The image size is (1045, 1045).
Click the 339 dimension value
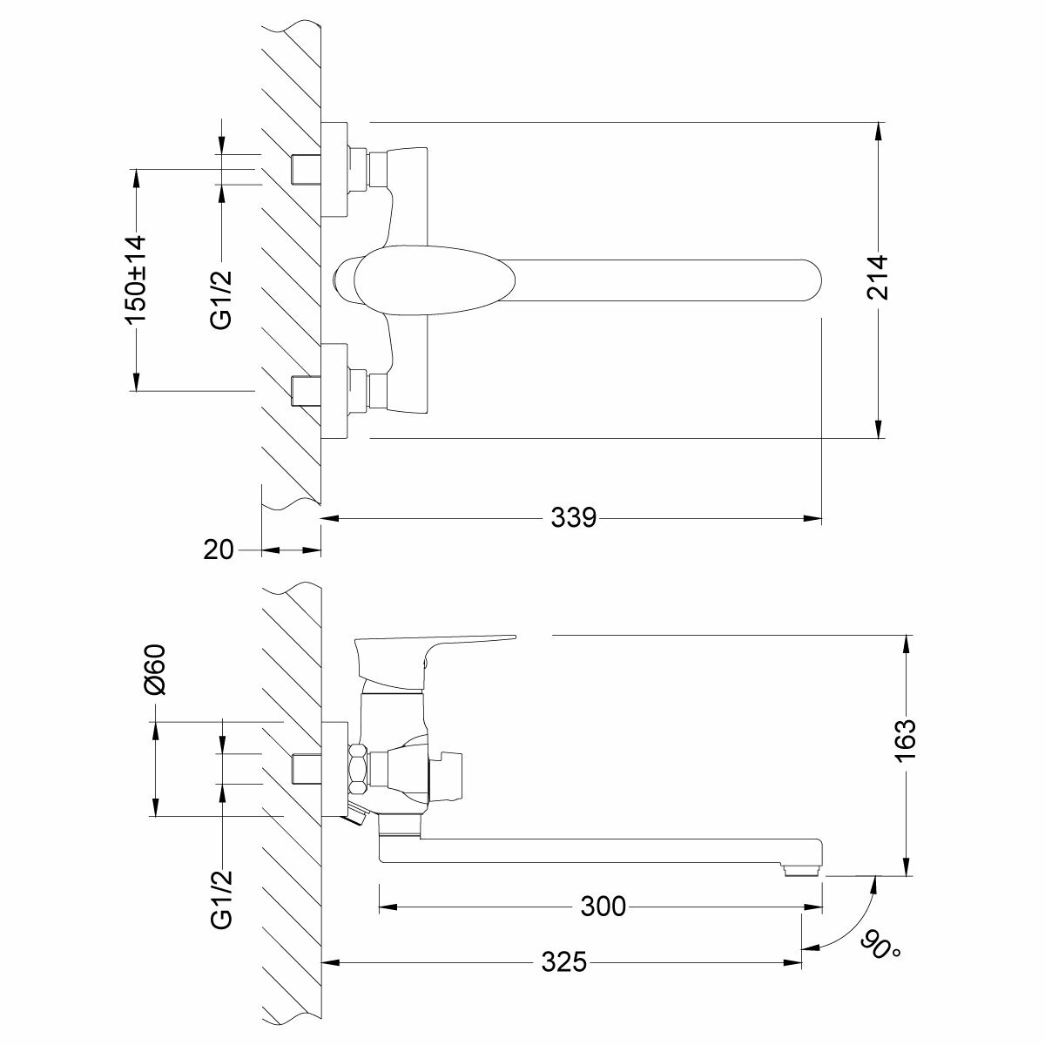click(574, 518)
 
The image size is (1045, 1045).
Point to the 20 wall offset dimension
click(219, 549)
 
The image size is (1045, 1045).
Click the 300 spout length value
click(603, 907)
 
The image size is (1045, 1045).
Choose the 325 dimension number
click(563, 962)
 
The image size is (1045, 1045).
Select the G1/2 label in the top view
click(221, 299)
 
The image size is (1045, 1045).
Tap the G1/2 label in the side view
click(221, 898)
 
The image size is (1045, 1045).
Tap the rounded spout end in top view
click(806, 277)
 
